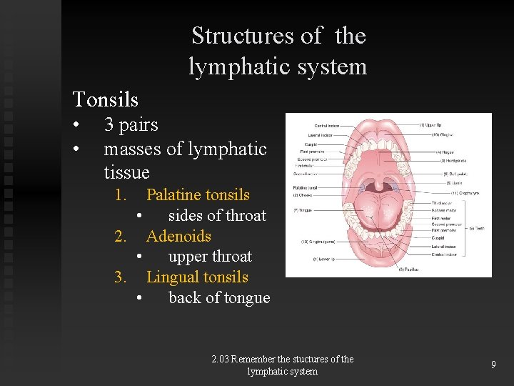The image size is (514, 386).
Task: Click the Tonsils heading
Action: pyautogui.click(x=106, y=99)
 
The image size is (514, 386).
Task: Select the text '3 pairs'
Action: pyautogui.click(x=131, y=125)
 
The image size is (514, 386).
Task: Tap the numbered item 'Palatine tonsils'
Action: pyautogui.click(x=198, y=194)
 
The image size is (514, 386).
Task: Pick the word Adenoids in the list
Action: pyautogui.click(x=178, y=236)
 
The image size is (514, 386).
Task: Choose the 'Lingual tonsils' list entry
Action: pyautogui.click(x=197, y=277)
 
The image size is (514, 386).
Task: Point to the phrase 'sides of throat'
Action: pyautogui.click(x=217, y=215)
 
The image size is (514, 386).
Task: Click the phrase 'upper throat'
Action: pyautogui.click(x=210, y=257)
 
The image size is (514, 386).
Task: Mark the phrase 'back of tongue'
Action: pyautogui.click(x=219, y=298)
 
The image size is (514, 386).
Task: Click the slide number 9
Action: pyautogui.click(x=493, y=365)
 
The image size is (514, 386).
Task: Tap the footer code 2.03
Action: pyautogui.click(x=220, y=360)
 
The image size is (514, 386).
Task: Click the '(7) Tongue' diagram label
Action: pyautogui.click(x=303, y=210)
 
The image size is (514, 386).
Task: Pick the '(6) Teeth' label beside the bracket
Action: pyautogui.click(x=476, y=228)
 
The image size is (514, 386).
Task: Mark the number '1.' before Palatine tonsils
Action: pyautogui.click(x=121, y=194)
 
